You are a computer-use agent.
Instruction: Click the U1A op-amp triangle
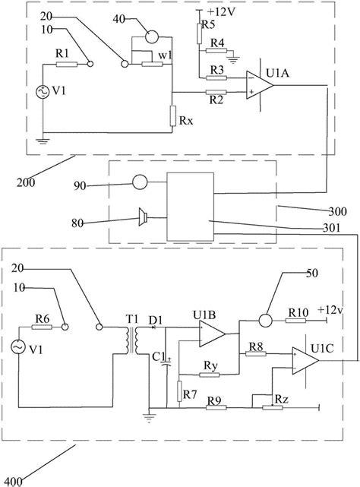(x=259, y=85)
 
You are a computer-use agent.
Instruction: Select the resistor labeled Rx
(x=172, y=115)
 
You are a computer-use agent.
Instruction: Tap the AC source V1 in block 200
(x=43, y=92)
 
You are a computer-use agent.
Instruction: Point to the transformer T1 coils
(x=133, y=340)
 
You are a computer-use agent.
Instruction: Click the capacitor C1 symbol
(x=167, y=362)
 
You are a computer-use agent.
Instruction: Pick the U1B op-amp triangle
(x=212, y=334)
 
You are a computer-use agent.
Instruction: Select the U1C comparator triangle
(x=305, y=360)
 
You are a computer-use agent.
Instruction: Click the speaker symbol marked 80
(x=143, y=217)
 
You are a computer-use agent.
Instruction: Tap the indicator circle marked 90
(x=140, y=182)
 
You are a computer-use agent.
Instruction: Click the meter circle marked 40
(x=152, y=37)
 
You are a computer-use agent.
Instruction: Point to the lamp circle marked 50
(x=265, y=320)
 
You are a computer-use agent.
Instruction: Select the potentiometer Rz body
(x=273, y=407)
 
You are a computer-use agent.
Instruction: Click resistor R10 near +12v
(x=295, y=320)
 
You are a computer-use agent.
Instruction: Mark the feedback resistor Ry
(x=210, y=375)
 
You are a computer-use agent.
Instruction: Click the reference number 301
(x=331, y=228)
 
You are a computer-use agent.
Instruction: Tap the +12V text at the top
(x=222, y=12)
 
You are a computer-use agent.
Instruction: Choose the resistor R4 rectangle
(x=216, y=51)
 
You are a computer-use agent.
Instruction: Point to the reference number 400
(x=14, y=482)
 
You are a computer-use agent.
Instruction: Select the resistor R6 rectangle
(x=42, y=327)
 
